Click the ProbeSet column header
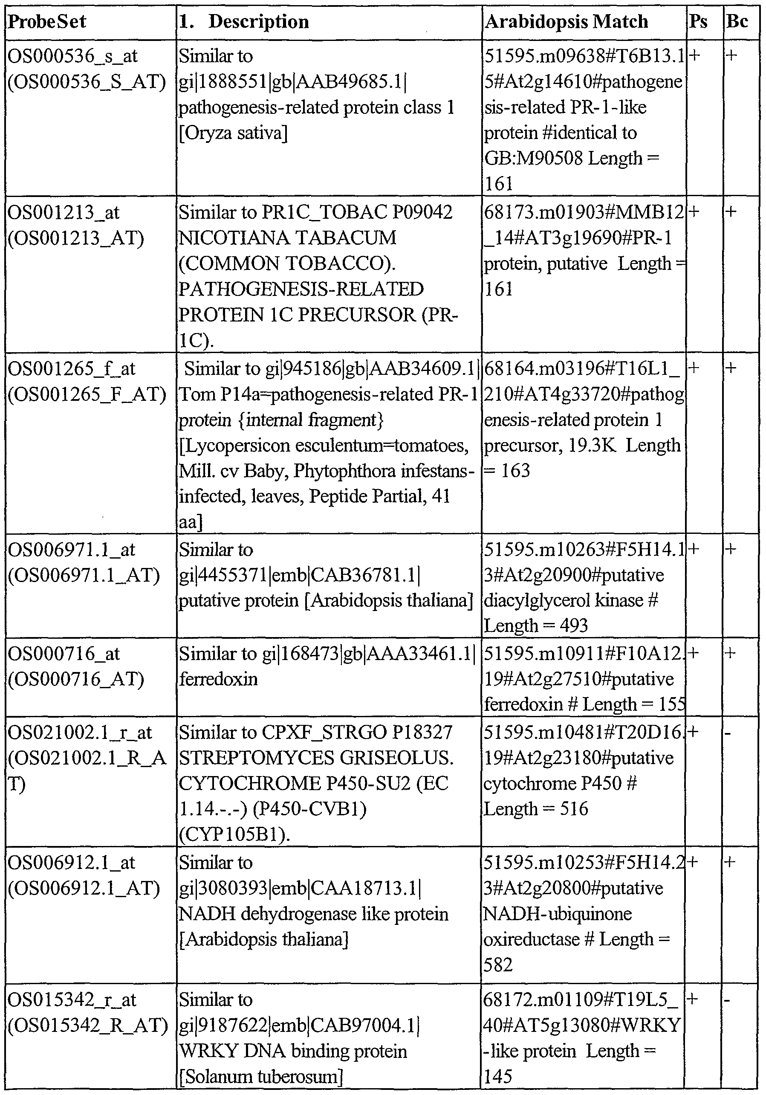47,22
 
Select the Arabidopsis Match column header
566,22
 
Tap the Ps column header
698,22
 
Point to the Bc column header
737,22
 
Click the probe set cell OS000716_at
64,654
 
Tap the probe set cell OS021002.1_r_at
80,733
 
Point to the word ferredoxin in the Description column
218,679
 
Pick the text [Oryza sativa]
234,133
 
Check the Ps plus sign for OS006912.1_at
694,862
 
